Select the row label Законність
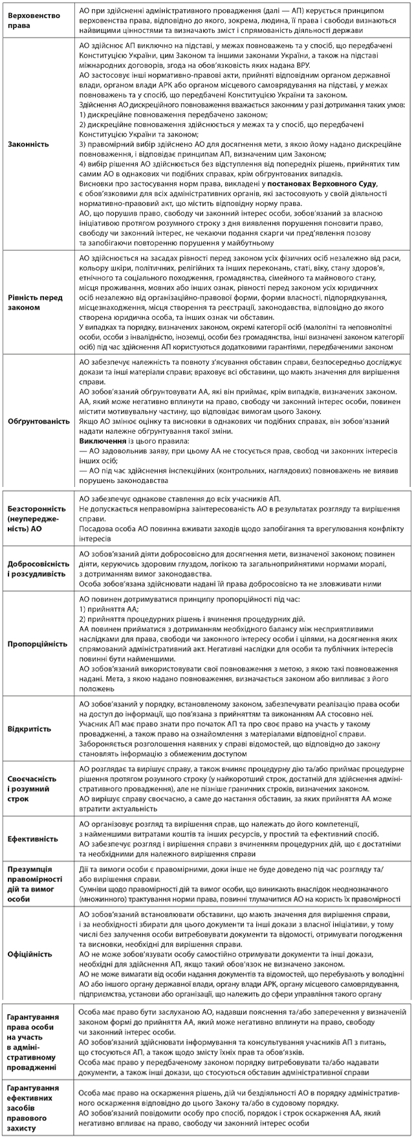coord(30,145)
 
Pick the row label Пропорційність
coord(37,644)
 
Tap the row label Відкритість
coord(29,729)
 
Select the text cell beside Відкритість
coord(239,729)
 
